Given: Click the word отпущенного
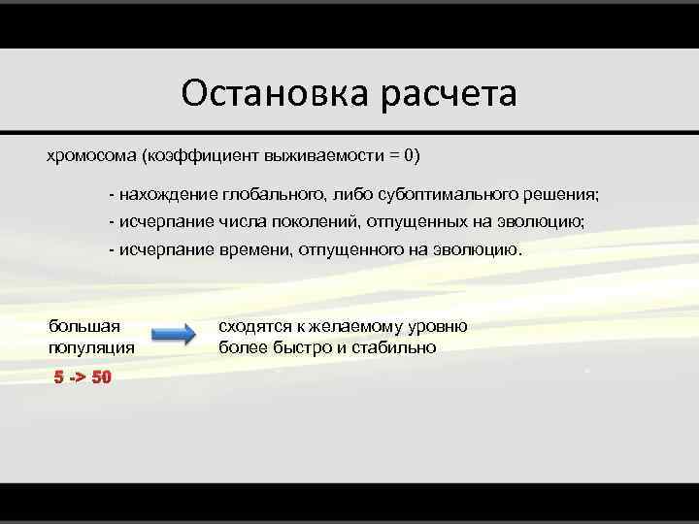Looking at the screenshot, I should tap(349, 249).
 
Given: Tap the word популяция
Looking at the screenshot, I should tap(92, 346).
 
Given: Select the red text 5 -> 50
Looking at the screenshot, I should tap(83, 377).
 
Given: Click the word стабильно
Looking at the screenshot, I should tap(394, 346).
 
